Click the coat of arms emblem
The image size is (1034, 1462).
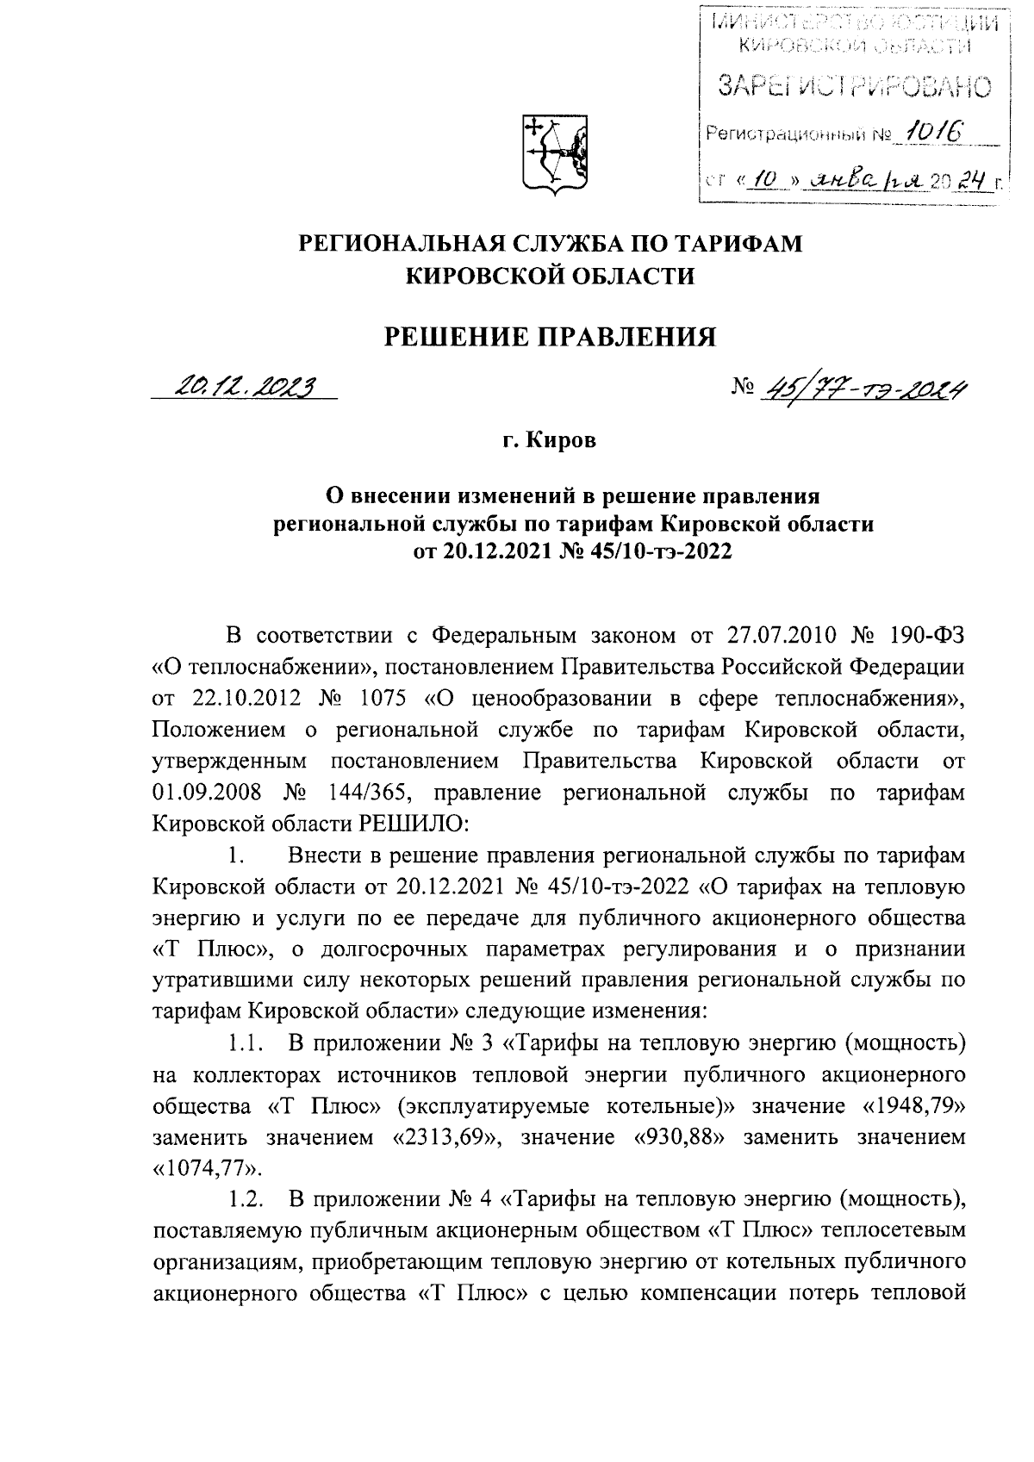(x=557, y=154)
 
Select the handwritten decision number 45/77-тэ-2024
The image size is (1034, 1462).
(x=861, y=390)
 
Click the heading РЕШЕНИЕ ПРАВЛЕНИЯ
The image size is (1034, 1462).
(x=549, y=335)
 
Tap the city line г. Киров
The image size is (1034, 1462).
(x=550, y=442)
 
